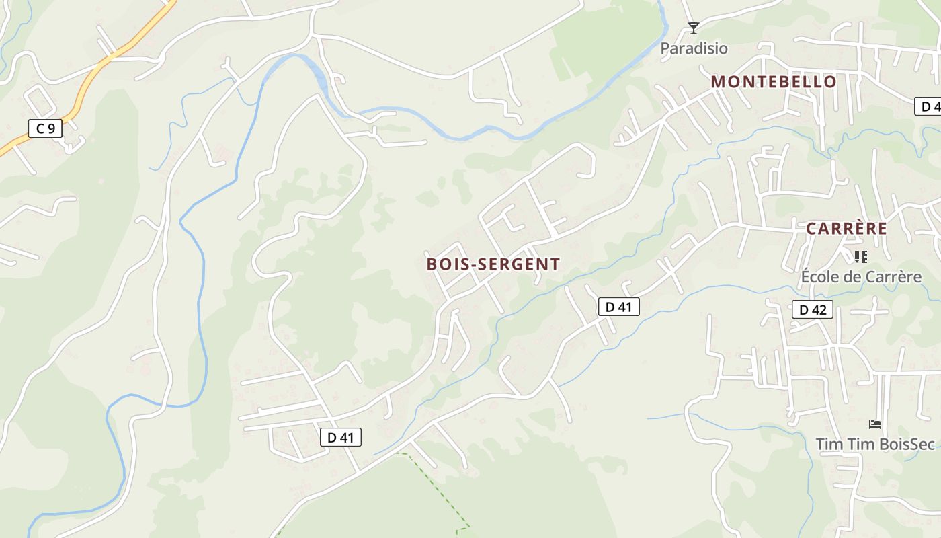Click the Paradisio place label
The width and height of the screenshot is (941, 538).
pos(694,48)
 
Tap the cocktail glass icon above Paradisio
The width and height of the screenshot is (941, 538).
pos(694,28)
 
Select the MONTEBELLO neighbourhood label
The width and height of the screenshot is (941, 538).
pos(774,82)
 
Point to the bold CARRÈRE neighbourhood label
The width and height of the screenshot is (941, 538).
pos(846,229)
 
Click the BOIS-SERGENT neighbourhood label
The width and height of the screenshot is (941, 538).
pos(493,264)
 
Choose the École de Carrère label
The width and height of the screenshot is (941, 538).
pos(861,276)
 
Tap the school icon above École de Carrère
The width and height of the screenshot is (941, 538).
pos(861,256)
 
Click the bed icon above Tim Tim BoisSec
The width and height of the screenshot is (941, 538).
pos(875,424)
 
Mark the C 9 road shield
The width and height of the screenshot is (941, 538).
pos(45,128)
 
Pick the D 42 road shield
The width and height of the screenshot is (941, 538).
pos(813,309)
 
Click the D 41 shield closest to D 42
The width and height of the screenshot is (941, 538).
pos(618,307)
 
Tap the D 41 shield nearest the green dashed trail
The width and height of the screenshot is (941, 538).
pos(340,437)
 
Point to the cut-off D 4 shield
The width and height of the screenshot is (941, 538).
pos(928,106)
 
